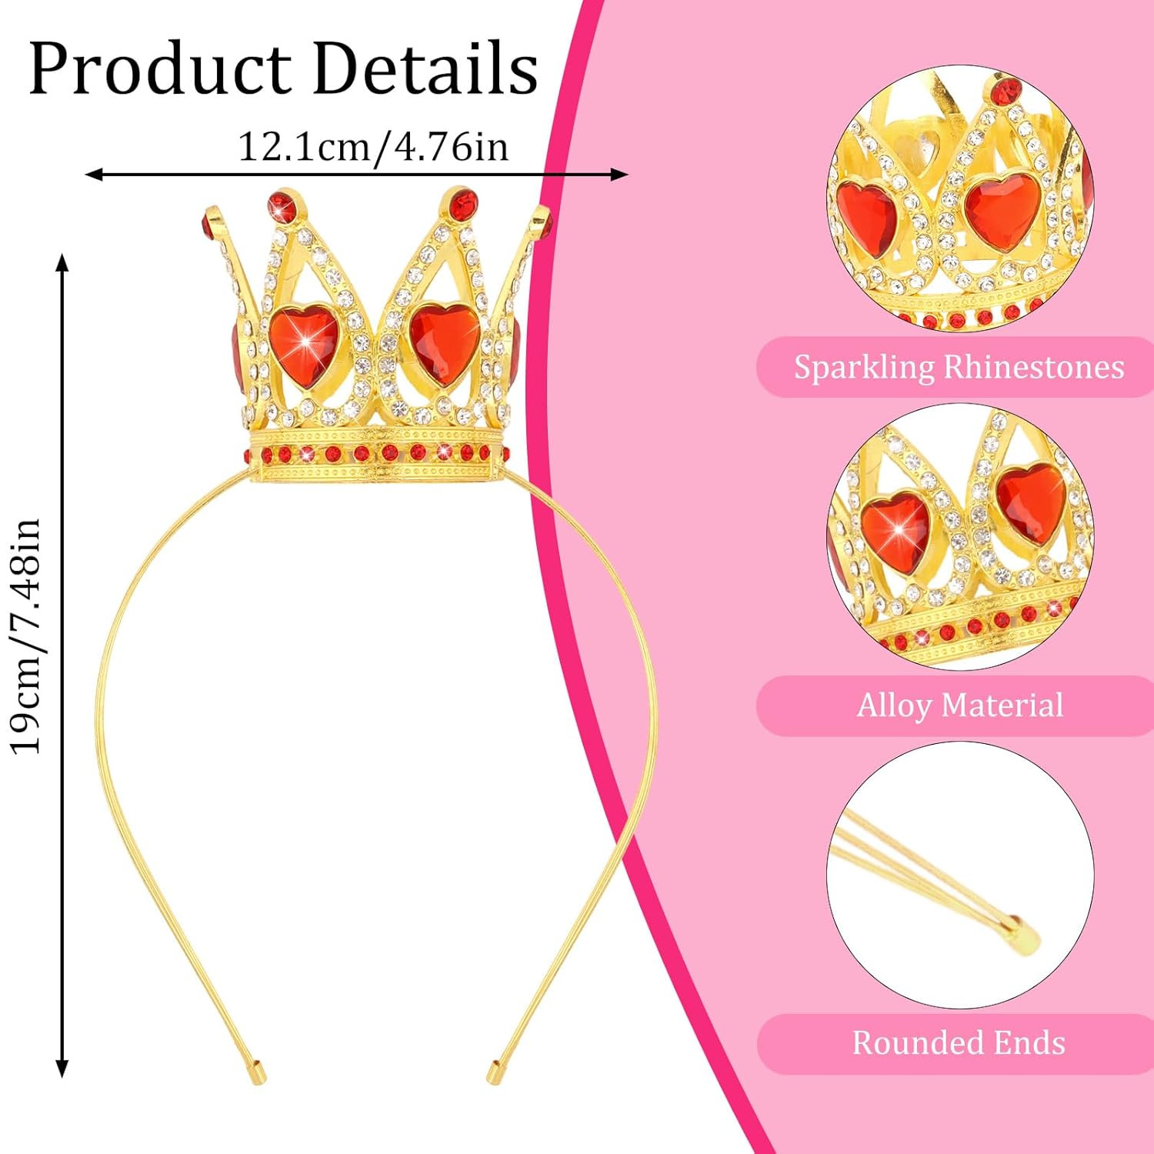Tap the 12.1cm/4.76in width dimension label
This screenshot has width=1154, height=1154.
coord(373,146)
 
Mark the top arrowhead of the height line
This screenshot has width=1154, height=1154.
coord(63,263)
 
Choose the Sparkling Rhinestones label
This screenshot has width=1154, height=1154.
coord(959,367)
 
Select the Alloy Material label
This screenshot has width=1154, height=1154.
coord(959,705)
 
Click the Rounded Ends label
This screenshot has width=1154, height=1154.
coord(959,1043)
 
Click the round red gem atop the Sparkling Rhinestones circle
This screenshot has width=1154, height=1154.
coord(1003,92)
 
